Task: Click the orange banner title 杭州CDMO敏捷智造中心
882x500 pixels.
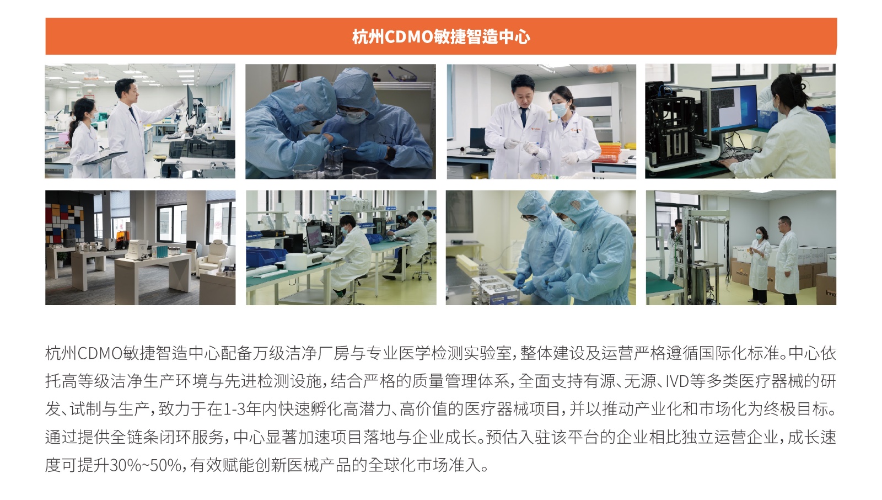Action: click(x=441, y=36)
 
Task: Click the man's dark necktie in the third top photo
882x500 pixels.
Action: click(x=523, y=116)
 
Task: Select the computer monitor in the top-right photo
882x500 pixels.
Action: click(x=733, y=108)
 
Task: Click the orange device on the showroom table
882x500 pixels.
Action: click(x=122, y=240)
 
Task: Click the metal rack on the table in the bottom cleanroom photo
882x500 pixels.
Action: click(x=494, y=290)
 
